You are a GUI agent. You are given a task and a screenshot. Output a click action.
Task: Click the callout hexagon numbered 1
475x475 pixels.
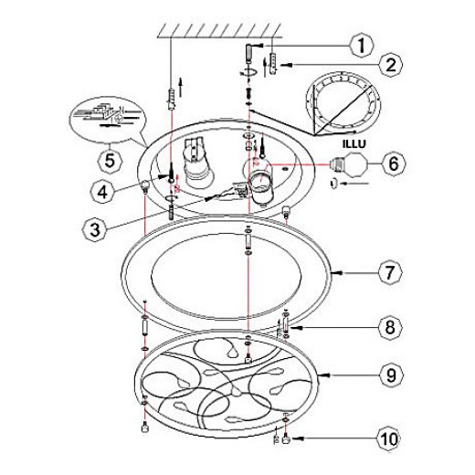pos(362,46)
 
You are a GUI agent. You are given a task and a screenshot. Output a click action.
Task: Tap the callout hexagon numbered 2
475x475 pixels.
pos(391,65)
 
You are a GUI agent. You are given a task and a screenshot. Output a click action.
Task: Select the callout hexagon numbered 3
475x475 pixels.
pos(95,229)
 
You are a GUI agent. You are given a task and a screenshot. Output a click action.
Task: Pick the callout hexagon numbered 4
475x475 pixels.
pos(102,192)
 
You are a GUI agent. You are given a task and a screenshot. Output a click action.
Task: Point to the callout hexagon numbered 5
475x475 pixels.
pos(110,161)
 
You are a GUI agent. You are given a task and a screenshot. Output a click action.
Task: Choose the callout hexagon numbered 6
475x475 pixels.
pos(394,164)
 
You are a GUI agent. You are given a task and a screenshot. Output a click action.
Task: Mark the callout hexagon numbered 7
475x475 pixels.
pos(390,272)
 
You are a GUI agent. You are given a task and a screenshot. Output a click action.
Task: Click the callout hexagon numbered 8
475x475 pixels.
pos(390,327)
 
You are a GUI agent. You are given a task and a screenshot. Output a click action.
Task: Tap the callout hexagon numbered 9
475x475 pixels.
pos(391,375)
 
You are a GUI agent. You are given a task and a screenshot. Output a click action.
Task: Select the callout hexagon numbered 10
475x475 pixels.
pos(389,438)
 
